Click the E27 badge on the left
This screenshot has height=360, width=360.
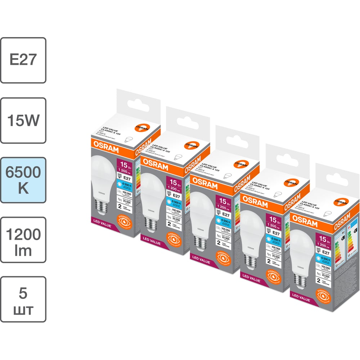click(23, 60)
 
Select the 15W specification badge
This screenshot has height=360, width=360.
click(23, 120)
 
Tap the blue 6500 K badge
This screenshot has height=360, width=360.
click(23, 180)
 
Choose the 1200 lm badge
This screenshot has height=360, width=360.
click(23, 240)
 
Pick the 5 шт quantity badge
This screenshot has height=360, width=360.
click(23, 300)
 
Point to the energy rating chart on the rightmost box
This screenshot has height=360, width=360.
click(338, 252)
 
